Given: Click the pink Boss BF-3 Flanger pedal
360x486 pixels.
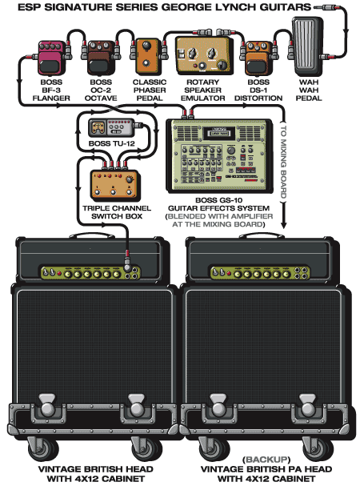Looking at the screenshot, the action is click(x=52, y=58).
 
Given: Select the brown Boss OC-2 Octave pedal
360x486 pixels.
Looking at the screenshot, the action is click(x=101, y=58).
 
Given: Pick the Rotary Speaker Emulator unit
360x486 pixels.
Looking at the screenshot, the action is click(x=203, y=55).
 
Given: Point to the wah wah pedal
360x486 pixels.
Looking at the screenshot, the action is click(x=308, y=46).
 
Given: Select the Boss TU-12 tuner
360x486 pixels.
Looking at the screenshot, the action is click(x=112, y=127).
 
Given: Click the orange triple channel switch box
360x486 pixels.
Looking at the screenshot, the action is click(x=115, y=184).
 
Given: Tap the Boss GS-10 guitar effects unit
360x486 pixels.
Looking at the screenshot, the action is click(x=219, y=156).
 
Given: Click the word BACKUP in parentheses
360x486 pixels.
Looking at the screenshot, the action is click(x=266, y=460).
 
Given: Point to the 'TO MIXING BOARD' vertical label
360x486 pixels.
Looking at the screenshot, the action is click(x=283, y=162).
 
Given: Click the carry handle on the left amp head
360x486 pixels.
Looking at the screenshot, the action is click(x=92, y=236).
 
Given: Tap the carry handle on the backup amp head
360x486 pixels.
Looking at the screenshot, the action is click(x=262, y=236).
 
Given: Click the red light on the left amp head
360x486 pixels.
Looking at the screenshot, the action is click(x=59, y=274).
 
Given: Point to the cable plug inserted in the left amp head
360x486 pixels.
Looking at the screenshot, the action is click(x=127, y=261).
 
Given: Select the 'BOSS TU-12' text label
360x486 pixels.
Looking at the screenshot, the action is click(x=112, y=143).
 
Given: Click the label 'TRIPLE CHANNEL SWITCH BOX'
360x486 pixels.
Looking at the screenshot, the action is click(x=117, y=212).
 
